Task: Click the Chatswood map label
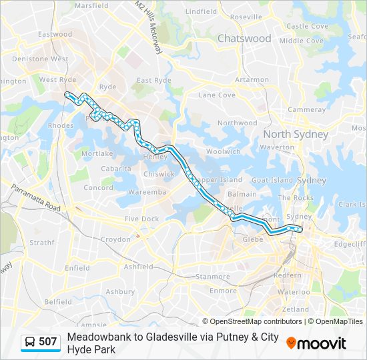(244, 39)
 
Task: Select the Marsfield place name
(91, 5)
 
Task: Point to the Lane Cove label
(217, 95)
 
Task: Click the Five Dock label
(141, 219)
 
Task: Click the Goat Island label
(272, 180)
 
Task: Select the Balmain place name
(242, 194)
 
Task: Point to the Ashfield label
(139, 267)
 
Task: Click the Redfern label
(288, 275)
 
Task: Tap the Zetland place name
(295, 309)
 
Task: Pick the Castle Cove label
(307, 26)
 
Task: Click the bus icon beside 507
(30, 343)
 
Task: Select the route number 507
(47, 342)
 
